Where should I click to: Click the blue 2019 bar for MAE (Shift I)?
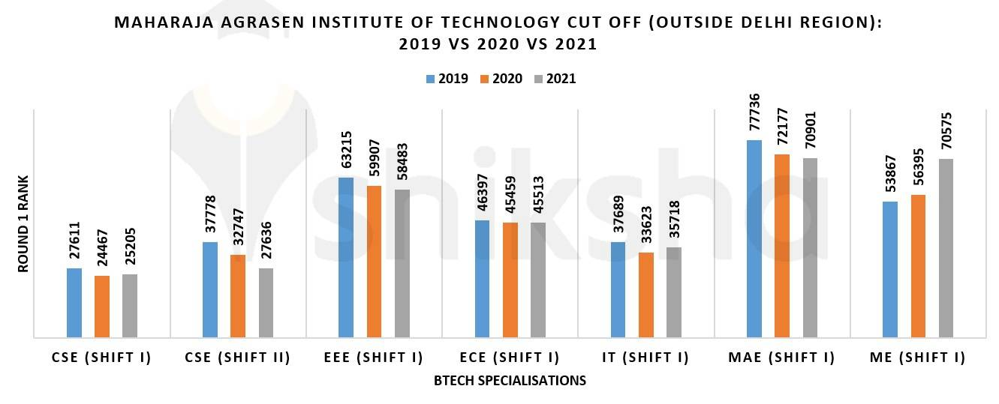coord(754,239)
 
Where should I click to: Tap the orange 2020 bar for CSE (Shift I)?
coord(102,307)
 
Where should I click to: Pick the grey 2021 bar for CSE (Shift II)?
coord(266,303)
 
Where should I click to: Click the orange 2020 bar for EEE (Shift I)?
coord(374,262)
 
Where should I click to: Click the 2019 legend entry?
coord(447,79)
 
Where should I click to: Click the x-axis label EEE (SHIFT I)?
coord(374,358)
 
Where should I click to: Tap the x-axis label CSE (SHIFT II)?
coord(237,358)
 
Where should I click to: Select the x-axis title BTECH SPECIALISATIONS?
coord(510,381)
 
